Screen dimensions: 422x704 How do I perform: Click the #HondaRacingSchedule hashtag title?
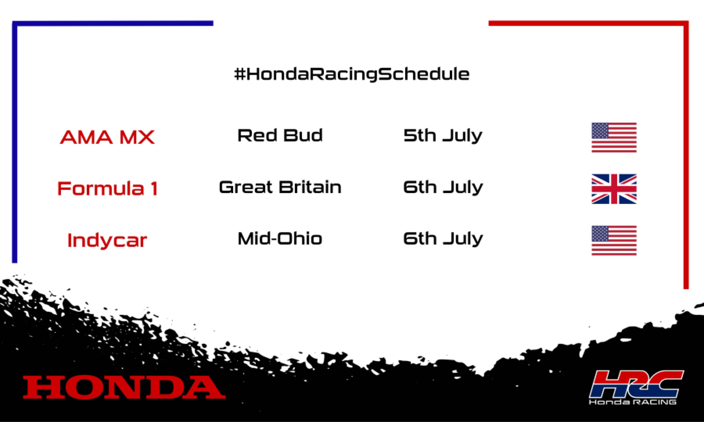point(352,75)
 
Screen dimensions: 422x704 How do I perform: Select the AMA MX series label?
point(107,137)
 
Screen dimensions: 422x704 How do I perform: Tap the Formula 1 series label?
point(107,188)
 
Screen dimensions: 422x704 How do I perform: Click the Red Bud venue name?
point(280,135)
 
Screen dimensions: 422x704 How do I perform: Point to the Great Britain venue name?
point(280,187)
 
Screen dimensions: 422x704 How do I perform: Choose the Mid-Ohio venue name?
point(280,239)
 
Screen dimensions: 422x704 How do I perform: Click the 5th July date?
point(443,136)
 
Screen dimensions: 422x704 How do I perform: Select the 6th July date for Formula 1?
point(443,187)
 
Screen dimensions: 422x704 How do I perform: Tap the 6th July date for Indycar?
point(443,239)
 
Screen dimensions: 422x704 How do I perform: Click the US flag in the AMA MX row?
point(614,138)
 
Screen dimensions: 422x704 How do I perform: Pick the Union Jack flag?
point(614,189)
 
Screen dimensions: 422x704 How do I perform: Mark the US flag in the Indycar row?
point(614,241)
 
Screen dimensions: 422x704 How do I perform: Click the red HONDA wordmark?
point(124,387)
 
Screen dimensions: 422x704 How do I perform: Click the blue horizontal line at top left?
point(114,23)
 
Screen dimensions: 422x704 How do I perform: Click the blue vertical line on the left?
point(15,142)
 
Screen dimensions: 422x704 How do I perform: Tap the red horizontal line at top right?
point(586,23)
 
